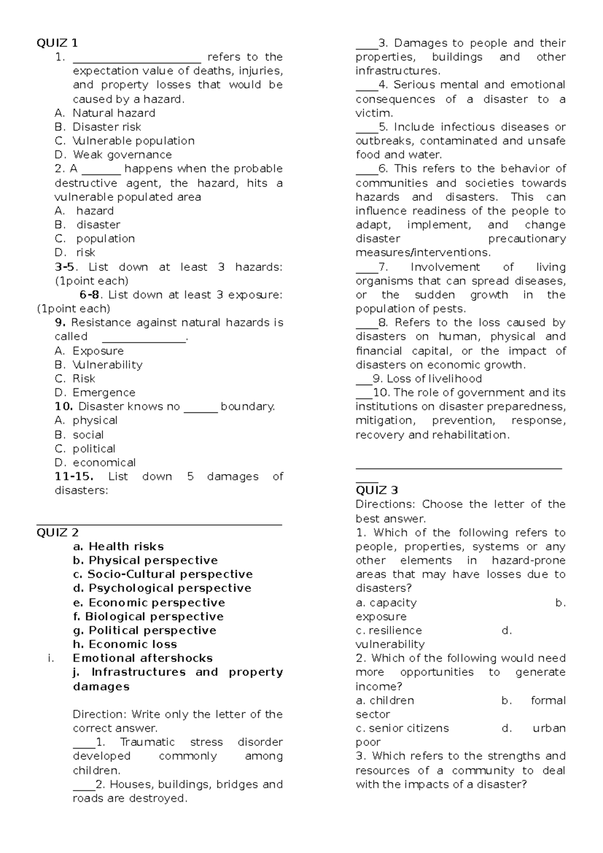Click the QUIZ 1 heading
(x=57, y=43)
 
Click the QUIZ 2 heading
(x=57, y=533)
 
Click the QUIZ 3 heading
(x=376, y=490)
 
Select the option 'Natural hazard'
(x=114, y=113)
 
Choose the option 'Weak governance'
(x=122, y=155)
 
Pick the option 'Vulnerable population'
(x=133, y=141)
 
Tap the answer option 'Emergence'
(x=104, y=393)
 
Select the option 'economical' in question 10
(x=104, y=463)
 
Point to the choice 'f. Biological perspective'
(x=148, y=617)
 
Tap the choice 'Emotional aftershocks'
(x=143, y=658)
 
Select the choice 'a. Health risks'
(x=118, y=547)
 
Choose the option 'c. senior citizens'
(x=402, y=728)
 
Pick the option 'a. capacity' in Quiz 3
(x=386, y=603)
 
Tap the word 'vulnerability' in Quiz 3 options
(x=390, y=644)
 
